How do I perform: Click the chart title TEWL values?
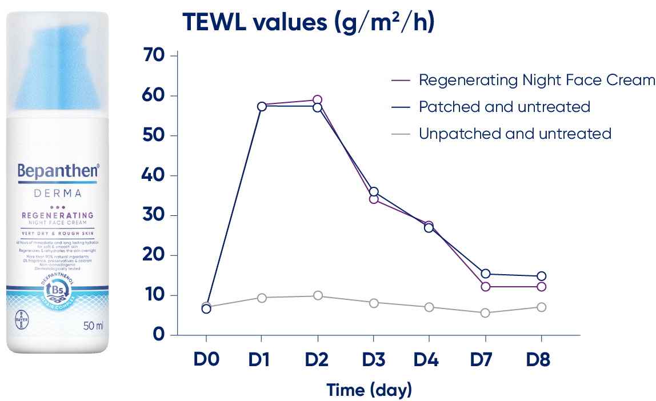coord(309,22)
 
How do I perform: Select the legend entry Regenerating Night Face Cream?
coord(536,80)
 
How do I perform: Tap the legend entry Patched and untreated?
coord(504,107)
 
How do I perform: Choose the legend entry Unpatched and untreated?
coord(515,134)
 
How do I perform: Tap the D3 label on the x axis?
coord(374,361)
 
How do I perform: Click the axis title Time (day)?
coord(369,390)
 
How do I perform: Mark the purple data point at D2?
coord(317,101)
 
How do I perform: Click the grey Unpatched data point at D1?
coord(262,298)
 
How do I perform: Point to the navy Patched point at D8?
coord(541,276)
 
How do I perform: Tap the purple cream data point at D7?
coord(486,287)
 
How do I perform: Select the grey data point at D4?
coord(429,307)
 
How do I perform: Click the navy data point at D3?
coord(374,192)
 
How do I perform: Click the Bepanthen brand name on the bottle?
coord(58,171)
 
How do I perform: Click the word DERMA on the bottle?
coord(57,193)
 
